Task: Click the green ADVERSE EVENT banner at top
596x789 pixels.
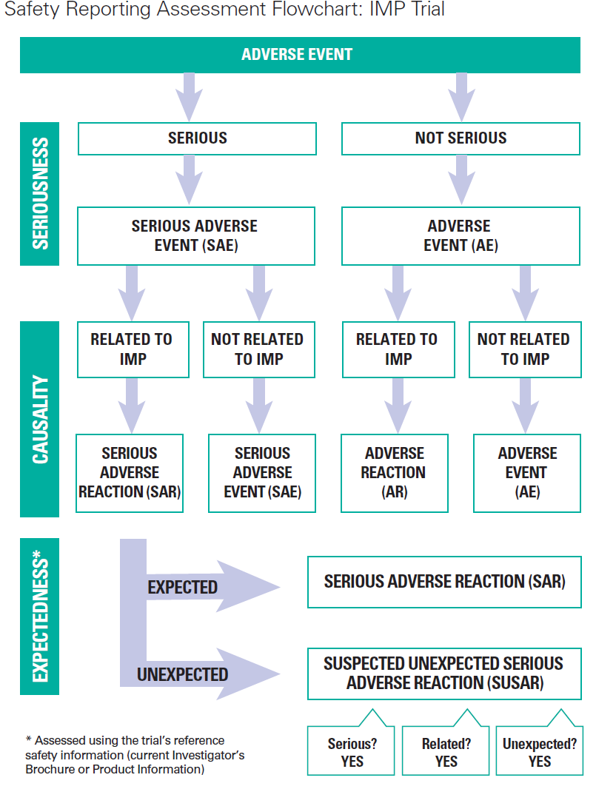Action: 298,55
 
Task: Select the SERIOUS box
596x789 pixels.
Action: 197,138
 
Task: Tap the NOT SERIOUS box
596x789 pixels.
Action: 461,138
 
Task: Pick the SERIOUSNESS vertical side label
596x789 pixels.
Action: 39,193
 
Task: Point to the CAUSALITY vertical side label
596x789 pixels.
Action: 39,419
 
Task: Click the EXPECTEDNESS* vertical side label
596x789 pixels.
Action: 39,617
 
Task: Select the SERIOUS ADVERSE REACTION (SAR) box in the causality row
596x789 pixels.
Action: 130,473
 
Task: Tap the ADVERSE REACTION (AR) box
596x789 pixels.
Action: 394,473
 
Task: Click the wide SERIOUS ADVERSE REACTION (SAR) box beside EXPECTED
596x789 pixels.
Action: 444,582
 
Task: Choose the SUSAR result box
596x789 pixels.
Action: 444,673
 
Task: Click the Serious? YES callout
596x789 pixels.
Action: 352,752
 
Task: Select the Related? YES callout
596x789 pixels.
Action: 446,752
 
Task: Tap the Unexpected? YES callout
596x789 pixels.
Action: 540,752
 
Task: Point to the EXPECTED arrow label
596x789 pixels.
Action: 183,588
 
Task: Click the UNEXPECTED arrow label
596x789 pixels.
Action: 183,675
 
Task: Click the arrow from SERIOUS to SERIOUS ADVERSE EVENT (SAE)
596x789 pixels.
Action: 190,179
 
